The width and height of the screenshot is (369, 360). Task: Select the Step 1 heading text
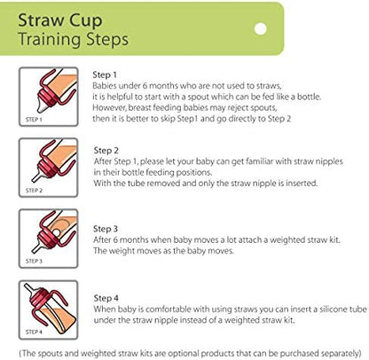pos(105,74)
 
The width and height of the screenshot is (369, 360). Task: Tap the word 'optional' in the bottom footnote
pos(182,348)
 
